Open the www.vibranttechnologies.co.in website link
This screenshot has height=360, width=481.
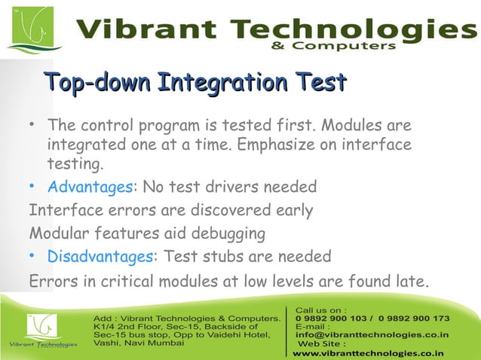point(368,352)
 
